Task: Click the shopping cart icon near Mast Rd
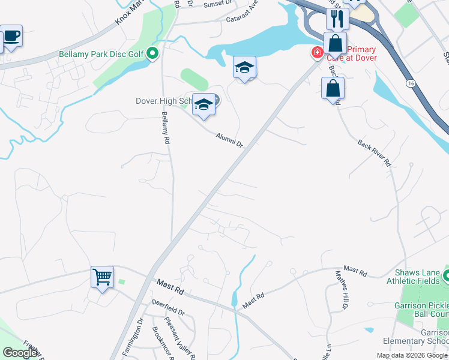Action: coord(103,277)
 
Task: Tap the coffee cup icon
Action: coord(11,36)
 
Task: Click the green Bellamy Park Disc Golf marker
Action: coord(152,54)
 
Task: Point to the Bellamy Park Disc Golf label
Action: coord(101,54)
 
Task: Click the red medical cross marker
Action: coord(316,53)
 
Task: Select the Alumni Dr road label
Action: coord(229,142)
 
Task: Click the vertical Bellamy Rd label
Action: coord(164,128)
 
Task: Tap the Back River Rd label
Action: coord(374,153)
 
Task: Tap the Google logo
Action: coord(20,353)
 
